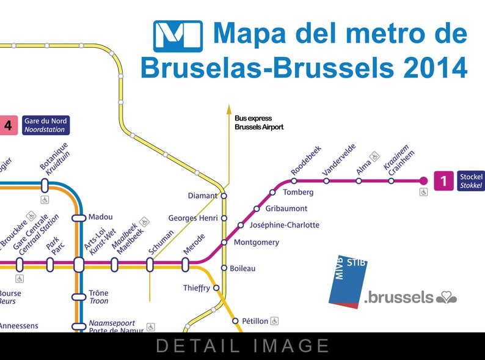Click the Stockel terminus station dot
423,180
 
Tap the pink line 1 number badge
443,180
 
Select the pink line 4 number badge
7,125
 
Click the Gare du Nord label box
46,125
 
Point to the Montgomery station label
257,243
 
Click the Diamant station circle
224,196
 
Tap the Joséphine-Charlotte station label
284,225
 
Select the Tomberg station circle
272,193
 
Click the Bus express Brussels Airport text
259,123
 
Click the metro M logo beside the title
177,37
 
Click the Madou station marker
79,218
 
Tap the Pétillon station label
255,321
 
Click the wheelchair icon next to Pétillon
275,320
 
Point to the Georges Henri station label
193,218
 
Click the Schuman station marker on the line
150,265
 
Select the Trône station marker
79,297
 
